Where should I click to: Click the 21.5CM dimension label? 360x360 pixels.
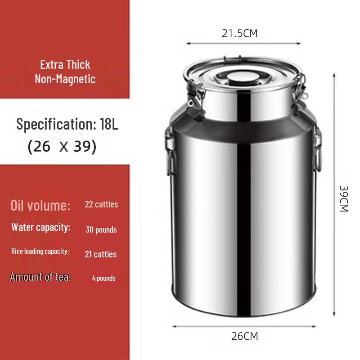pos(239,33)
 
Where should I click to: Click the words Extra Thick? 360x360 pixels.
pos(65,64)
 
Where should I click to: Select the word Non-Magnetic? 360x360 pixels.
pos(65,79)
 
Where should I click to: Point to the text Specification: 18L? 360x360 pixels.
pos(67,124)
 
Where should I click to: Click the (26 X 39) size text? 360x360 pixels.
pos(62,147)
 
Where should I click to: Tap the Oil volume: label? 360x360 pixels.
pos(40,206)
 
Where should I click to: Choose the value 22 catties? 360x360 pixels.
pos(101,204)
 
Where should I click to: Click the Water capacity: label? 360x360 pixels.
pos(41,227)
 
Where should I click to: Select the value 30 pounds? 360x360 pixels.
pos(101,230)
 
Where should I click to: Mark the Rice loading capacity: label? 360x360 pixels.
pos(40,251)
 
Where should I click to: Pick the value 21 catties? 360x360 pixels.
pos(101,254)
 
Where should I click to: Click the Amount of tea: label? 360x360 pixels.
pos(40,277)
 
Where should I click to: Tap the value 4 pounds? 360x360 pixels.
pos(104,278)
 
